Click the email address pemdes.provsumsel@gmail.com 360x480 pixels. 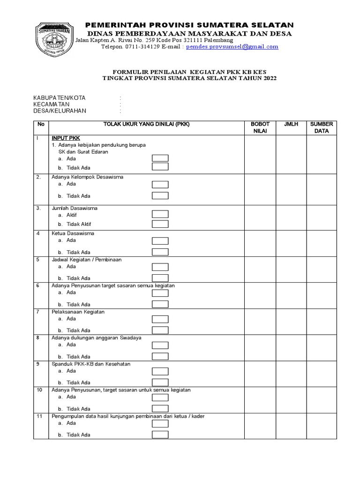point(232,47)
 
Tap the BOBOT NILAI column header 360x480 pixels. point(260,127)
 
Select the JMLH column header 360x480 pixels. point(291,124)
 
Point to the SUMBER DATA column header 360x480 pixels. point(322,127)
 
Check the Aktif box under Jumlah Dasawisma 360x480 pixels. point(160,214)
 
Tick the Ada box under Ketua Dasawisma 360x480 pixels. point(160,241)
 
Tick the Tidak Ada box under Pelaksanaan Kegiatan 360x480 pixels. point(160,330)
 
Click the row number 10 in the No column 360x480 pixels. point(39,390)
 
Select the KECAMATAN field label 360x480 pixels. point(51,104)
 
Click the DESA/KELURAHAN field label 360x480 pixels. point(60,111)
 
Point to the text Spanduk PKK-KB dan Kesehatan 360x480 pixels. point(91,364)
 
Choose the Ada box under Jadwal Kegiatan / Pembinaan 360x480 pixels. point(160,267)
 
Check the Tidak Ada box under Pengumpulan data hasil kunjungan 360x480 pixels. point(160,435)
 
